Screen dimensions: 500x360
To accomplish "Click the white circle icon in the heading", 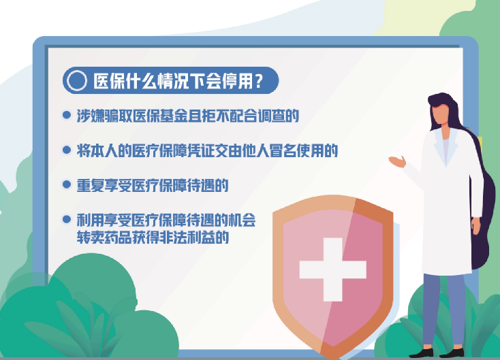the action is pyautogui.click(x=76, y=80).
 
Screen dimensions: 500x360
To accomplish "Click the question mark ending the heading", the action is pyautogui.click(x=259, y=81).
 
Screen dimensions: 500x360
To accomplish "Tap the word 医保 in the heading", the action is pyautogui.click(x=109, y=81).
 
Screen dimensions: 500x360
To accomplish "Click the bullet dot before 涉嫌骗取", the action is pyautogui.click(x=67, y=115).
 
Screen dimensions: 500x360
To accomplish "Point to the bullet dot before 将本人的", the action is pyautogui.click(x=67, y=150).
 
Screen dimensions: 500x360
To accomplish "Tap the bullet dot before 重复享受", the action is pyautogui.click(x=67, y=184).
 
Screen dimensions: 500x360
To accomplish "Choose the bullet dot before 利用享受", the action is pyautogui.click(x=67, y=219).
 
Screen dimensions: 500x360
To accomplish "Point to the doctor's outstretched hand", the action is pyautogui.click(x=397, y=161).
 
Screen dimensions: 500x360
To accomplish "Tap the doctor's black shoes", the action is pyautogui.click(x=436, y=353).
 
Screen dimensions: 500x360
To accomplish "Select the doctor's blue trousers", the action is pyautogui.click(x=444, y=310).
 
